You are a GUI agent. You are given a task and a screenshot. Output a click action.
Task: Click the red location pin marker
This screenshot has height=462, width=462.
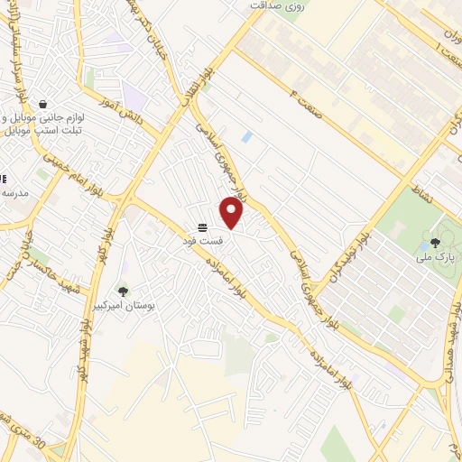[x=232, y=213]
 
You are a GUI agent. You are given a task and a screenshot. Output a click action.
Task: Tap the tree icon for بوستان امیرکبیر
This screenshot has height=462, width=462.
[x=123, y=291]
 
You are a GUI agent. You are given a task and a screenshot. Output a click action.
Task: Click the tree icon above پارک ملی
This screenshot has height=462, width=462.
[x=435, y=242]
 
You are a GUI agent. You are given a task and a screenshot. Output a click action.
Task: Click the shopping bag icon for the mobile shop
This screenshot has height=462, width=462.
[x=42, y=104]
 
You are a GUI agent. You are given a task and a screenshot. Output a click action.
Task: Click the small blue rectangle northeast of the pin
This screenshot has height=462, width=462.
[x=246, y=137]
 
